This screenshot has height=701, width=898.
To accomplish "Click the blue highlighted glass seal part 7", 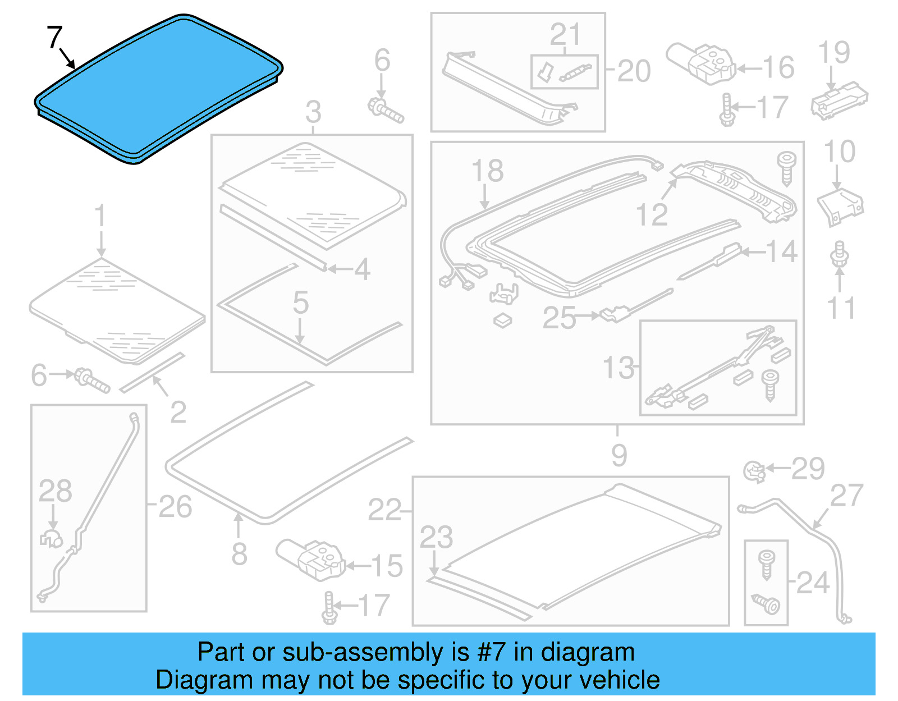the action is pyautogui.click(x=159, y=89).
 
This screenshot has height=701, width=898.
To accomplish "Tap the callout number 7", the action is pyautogui.click(x=54, y=37).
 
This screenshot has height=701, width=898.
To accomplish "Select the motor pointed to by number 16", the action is pyautogui.click(x=701, y=63).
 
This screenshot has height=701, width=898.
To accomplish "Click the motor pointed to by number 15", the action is pyautogui.click(x=311, y=559).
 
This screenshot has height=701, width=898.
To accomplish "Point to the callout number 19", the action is pyautogui.click(x=835, y=52).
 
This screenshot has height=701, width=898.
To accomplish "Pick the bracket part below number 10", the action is pyautogui.click(x=840, y=207).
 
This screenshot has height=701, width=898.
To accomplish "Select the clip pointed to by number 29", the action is pyautogui.click(x=755, y=471).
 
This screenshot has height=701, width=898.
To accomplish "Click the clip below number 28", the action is pyautogui.click(x=52, y=538).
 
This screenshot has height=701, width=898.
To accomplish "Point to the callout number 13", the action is pyautogui.click(x=618, y=367).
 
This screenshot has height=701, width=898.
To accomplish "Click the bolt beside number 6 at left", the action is pyautogui.click(x=92, y=380).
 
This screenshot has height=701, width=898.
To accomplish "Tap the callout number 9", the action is pyautogui.click(x=619, y=455).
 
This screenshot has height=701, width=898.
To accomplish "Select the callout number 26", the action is pyautogui.click(x=175, y=507).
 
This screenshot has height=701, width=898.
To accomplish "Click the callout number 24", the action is pyautogui.click(x=813, y=583).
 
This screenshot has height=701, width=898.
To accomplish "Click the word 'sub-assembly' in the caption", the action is pyautogui.click(x=375, y=652).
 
